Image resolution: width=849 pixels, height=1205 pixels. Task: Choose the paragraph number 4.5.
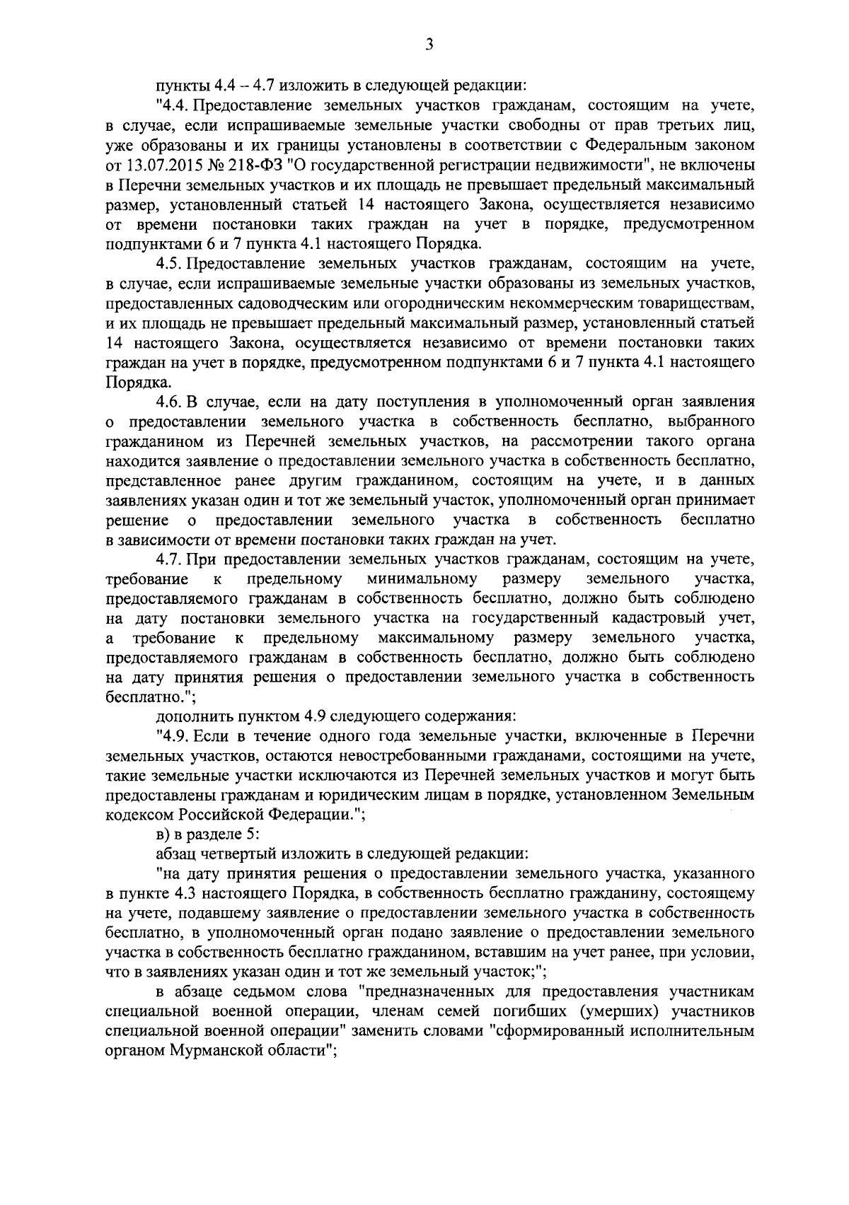(168, 264)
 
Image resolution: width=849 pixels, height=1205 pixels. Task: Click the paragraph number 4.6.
(168, 402)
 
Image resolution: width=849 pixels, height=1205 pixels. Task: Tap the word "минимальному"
(422, 579)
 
